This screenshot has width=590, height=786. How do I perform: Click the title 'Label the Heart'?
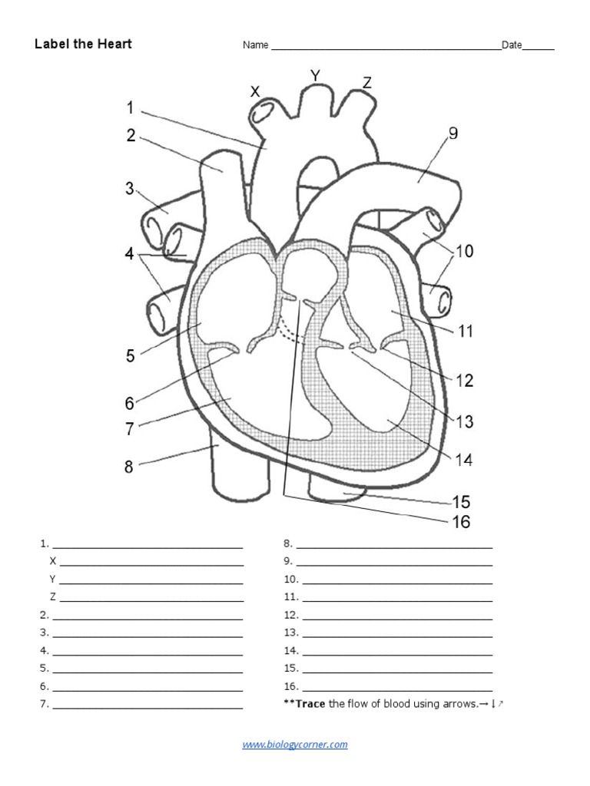[83, 44]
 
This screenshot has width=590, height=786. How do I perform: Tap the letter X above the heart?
[255, 91]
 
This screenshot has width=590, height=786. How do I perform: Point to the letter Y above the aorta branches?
[315, 74]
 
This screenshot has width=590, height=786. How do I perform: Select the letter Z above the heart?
[367, 83]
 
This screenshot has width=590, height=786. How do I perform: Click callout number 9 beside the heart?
[453, 134]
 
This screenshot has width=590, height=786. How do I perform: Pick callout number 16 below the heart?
[461, 523]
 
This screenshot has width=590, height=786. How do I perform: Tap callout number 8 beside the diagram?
[129, 466]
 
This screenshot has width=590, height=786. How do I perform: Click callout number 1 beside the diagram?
[130, 107]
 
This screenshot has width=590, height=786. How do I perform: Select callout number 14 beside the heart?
[463, 461]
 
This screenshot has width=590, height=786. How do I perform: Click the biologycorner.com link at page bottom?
[295, 744]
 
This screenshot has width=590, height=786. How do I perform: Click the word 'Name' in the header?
[256, 45]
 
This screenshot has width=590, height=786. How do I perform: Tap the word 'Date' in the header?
[512, 45]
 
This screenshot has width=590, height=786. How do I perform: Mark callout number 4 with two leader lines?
[130, 253]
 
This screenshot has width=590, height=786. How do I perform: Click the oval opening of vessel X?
[261, 113]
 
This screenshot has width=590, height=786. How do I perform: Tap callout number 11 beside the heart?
[465, 332]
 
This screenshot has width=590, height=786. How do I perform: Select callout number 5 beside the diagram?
[131, 355]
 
